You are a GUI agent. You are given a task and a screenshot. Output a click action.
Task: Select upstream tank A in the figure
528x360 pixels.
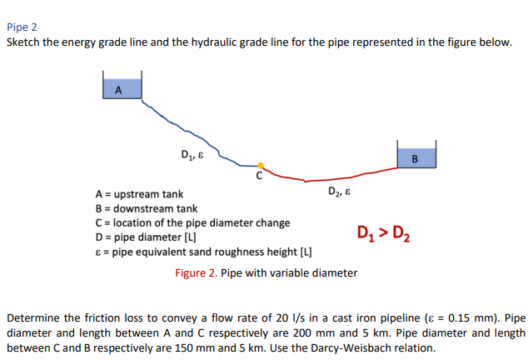pos(122,89)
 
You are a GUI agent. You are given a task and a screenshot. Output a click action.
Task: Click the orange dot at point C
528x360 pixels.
pos(261,165)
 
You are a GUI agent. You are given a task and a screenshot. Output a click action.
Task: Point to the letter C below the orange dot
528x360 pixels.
pos(259,177)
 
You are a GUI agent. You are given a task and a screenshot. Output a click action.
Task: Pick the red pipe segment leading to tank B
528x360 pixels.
pos(333,178)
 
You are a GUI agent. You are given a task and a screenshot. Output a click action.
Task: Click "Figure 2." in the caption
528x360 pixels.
pos(197,272)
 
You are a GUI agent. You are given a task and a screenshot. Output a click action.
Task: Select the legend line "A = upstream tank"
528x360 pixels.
pos(139,194)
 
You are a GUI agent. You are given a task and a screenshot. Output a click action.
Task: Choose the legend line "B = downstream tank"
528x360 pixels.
pos(147,208)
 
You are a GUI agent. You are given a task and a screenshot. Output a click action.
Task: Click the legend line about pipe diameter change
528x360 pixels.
pos(193,222)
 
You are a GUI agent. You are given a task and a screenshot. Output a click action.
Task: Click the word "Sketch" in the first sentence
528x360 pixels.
pos(24,42)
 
